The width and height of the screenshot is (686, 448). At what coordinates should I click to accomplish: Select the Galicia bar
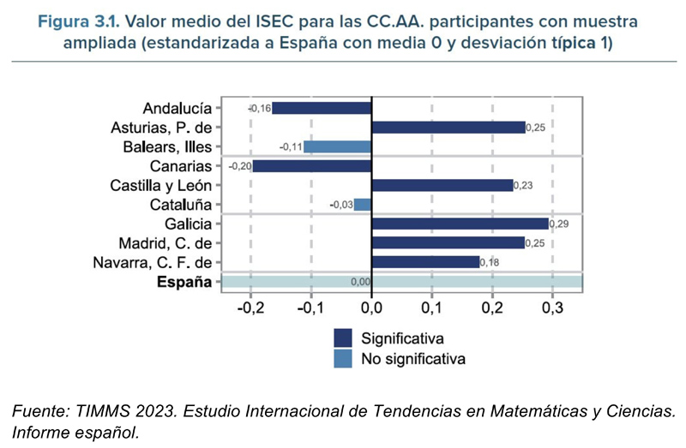click(460, 224)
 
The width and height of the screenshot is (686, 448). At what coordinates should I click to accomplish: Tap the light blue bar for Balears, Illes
click(338, 146)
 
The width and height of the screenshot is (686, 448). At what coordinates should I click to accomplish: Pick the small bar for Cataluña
click(363, 205)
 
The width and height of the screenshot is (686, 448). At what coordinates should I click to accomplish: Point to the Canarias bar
click(313, 166)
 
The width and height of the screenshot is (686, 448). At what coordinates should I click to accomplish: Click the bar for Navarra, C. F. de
click(425, 262)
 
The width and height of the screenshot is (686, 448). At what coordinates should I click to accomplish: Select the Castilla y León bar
click(442, 185)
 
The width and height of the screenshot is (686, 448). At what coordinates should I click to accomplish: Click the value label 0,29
click(560, 224)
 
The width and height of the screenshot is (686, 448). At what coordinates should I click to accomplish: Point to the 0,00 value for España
click(361, 282)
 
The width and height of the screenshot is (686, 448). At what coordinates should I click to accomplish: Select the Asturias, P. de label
click(160, 128)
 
